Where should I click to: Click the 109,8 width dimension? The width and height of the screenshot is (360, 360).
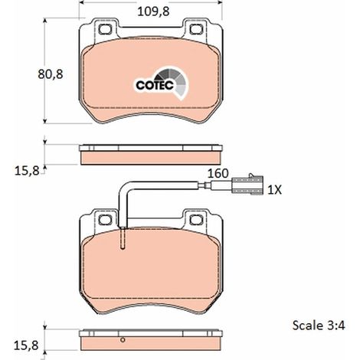[x=153, y=11]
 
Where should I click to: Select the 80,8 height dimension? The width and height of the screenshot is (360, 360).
[x=51, y=74]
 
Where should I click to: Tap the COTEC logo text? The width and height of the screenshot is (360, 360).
[x=155, y=85]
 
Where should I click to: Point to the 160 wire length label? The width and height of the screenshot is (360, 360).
[x=218, y=174]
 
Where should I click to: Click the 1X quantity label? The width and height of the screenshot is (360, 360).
[x=274, y=190]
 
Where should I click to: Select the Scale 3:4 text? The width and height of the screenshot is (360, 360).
[x=319, y=326]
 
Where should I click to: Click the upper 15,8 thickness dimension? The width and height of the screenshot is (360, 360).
[x=27, y=171]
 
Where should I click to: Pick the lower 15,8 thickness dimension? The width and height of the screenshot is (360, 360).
[x=26, y=345]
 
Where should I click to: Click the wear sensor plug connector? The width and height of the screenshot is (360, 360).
[x=247, y=185]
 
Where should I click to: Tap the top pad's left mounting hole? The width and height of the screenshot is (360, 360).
[x=105, y=29]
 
